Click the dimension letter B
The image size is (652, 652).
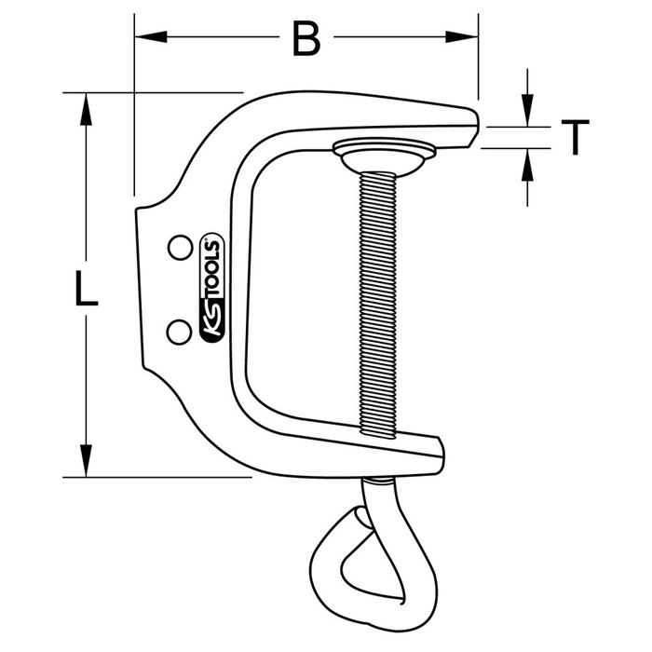pos(306,38)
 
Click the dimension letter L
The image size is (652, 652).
pos(86,288)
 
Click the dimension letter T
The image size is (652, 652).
pos(575,137)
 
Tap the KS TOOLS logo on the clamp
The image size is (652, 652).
pos(212,288)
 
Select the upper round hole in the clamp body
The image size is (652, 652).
pos(180,248)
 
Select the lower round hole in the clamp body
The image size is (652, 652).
pos(179,332)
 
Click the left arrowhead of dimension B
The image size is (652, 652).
pos(151,37)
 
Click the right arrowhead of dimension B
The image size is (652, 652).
pos(462,37)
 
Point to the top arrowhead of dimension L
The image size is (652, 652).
pos(86,109)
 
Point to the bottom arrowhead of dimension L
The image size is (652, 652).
pos(86,461)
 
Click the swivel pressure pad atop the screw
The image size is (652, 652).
pos(384,156)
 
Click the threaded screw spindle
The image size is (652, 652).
pos(377,306)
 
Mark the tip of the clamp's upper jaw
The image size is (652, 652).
pos(477,125)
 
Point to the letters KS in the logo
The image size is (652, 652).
pos(212,319)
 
